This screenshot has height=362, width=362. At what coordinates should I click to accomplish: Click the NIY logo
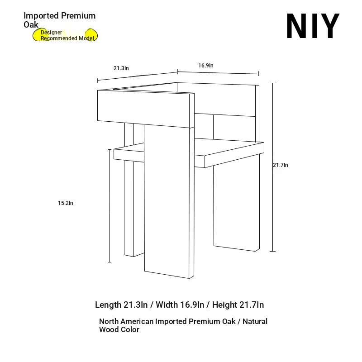coord(313,26)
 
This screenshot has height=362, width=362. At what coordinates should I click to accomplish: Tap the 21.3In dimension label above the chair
coord(121,68)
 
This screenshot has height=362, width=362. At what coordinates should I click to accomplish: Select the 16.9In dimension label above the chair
coord(206,65)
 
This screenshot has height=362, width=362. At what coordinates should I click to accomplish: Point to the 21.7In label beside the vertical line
coord(281,165)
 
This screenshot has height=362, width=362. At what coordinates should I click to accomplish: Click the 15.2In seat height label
coord(66,203)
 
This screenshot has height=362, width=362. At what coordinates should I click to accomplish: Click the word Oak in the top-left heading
coord(31,25)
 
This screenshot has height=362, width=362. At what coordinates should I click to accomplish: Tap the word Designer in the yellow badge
coord(51,32)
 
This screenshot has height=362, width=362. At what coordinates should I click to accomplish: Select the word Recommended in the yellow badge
coord(59,38)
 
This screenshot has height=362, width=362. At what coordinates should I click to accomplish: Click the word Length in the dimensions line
coord(108,305)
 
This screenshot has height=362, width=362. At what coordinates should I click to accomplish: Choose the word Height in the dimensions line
coord(224,305)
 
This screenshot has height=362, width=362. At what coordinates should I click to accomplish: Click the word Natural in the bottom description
coord(255,321)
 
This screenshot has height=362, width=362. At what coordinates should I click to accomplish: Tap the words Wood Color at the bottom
coord(119,329)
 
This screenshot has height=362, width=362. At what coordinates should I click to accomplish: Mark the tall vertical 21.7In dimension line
coord(273,167)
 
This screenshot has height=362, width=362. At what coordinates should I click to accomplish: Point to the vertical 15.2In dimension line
coord(110,206)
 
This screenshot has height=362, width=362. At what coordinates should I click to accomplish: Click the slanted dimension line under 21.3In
coord(138,76)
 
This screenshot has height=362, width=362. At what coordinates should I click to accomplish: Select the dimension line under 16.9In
coord(218,73)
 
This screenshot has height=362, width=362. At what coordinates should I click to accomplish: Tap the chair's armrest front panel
coord(143,109)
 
